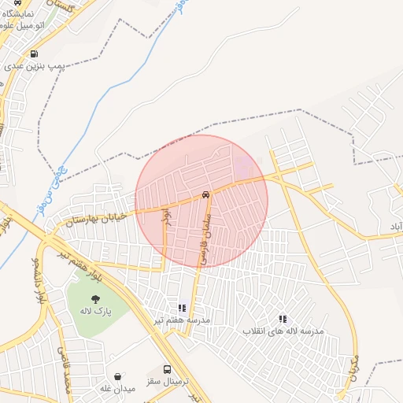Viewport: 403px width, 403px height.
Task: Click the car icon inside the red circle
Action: point(205,194)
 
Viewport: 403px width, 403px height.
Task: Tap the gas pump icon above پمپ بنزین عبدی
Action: point(34,54)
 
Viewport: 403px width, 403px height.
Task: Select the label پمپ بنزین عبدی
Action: point(35,67)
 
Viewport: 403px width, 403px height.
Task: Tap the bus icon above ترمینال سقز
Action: point(167,369)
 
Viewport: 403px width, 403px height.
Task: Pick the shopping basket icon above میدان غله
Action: point(118,376)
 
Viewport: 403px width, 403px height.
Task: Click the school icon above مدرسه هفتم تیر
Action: point(182,308)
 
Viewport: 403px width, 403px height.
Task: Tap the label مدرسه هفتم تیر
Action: point(182,320)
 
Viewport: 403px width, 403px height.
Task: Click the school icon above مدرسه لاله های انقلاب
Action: point(283,319)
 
